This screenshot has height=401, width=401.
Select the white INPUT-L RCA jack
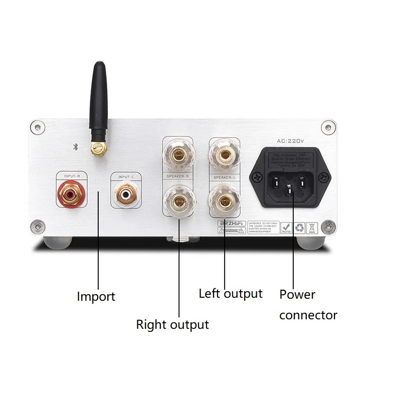point(124,192)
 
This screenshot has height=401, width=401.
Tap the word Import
point(96,297)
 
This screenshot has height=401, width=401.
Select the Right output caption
point(172,325)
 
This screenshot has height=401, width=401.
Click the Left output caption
point(231,293)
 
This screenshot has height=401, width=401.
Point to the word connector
point(308,315)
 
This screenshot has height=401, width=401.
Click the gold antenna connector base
point(98,148)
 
